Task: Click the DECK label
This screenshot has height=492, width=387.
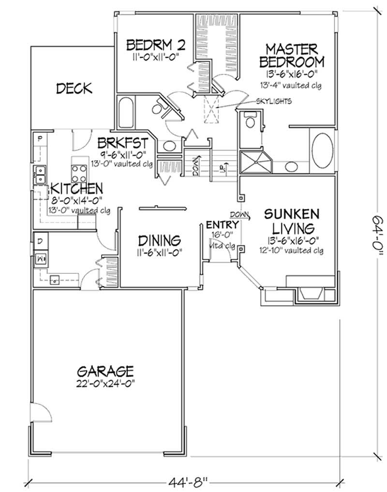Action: (74, 88)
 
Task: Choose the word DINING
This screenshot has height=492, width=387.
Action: (159, 240)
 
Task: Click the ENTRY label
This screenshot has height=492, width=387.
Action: (222, 225)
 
